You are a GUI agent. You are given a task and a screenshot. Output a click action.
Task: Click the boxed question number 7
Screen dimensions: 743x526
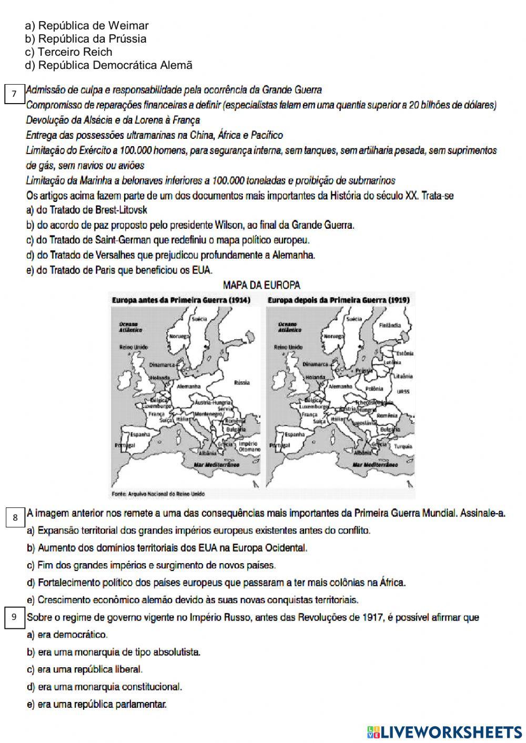15,94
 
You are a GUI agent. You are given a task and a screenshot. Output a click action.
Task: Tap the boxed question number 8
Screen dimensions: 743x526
15,517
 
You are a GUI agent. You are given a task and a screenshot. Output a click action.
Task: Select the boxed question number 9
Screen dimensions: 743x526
15,617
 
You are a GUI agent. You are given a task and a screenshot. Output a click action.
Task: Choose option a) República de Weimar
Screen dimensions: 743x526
87,25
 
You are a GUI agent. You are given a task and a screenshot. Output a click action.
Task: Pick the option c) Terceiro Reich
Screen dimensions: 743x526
68,52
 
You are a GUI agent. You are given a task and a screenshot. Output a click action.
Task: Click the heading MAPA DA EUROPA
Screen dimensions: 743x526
262,285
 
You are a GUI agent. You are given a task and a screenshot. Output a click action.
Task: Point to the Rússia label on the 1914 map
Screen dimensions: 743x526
241,382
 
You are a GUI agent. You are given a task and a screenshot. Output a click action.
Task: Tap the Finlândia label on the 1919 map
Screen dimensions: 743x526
390,325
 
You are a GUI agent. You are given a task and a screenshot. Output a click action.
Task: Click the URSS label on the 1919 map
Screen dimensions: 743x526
403,391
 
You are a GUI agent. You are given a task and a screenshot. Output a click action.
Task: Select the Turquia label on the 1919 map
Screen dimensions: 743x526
403,446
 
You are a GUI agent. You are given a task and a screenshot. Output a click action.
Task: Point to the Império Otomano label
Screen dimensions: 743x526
249,446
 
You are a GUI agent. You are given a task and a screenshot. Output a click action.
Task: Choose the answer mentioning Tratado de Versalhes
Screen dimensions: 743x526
171,255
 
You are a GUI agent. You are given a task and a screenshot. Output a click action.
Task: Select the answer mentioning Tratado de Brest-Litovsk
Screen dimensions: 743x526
87,210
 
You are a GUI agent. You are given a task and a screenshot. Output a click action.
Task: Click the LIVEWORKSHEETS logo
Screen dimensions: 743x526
444,731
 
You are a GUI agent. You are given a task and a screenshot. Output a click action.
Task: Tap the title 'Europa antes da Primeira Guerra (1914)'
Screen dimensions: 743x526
181,300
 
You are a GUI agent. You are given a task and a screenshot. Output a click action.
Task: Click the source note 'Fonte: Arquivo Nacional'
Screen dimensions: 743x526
158,494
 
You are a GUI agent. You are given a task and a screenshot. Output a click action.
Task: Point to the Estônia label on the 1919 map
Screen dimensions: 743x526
404,353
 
